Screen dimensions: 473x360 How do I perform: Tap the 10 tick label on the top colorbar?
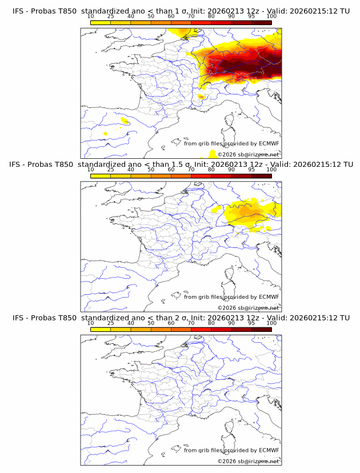coord(91,17)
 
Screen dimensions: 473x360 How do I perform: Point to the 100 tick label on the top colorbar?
coord(271,17)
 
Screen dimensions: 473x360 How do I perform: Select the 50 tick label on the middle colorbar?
coord(151,170)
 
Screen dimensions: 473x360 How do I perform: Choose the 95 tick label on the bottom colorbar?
coord(251,323)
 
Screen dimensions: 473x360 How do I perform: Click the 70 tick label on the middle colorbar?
coord(191,170)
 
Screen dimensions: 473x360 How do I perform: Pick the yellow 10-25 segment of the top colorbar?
coord(101,22)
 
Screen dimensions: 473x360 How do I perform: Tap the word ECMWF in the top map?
coord(269,144)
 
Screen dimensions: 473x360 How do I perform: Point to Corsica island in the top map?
coord(230,122)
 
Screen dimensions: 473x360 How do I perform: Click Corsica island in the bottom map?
coord(230,428)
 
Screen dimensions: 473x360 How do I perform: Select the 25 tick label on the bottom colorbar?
coord(111,323)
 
